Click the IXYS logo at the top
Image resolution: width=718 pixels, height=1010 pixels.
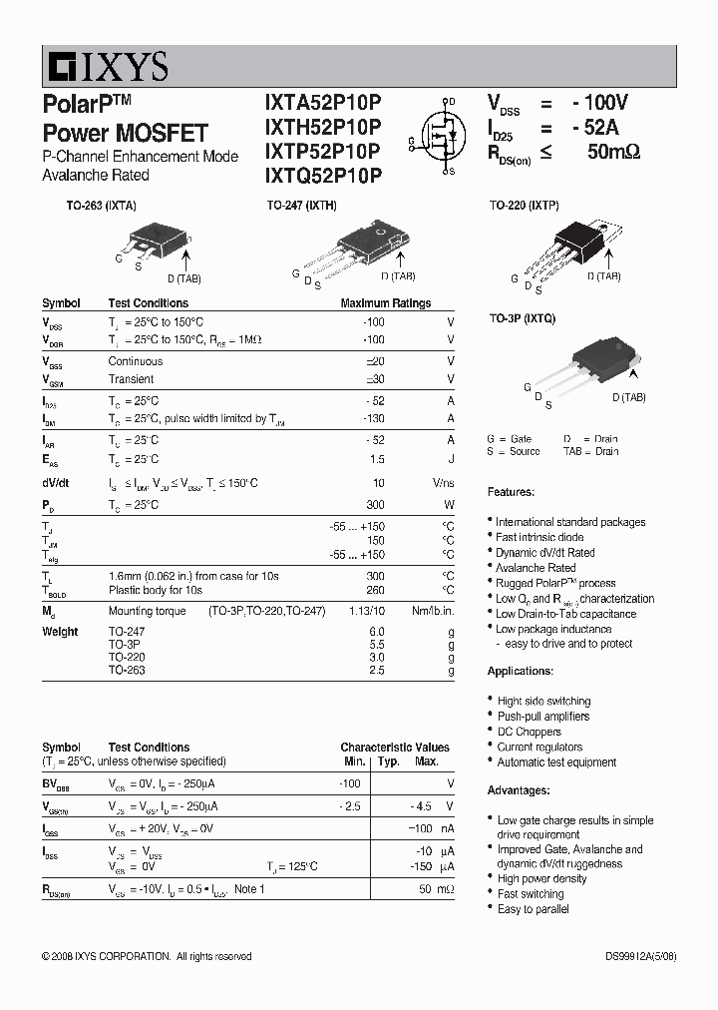(x=106, y=67)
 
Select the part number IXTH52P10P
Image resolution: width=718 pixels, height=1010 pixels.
(x=322, y=128)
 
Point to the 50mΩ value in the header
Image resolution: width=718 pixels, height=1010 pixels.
(x=612, y=152)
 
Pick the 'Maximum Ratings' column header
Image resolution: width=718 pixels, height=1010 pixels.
(x=385, y=303)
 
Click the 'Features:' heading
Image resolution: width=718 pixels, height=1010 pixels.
(x=511, y=492)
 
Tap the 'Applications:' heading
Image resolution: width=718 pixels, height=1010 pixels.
(x=520, y=672)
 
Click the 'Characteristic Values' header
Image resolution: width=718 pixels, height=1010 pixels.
(x=394, y=748)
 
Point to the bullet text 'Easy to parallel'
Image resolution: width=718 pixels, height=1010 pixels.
(x=534, y=909)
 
